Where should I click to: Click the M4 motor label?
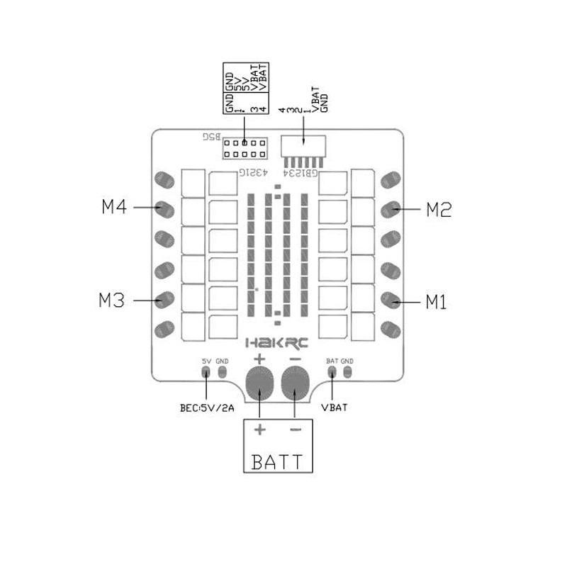tap(114, 207)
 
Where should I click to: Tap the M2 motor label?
tap(439, 209)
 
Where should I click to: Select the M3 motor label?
tap(112, 300)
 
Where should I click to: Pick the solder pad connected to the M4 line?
tap(164, 209)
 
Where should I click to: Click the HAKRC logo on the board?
tap(277, 343)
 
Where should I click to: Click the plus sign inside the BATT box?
tap(260, 430)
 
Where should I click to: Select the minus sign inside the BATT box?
tap(296, 430)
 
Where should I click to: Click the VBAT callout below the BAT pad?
tap(333, 408)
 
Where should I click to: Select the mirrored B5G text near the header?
tap(212, 135)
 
